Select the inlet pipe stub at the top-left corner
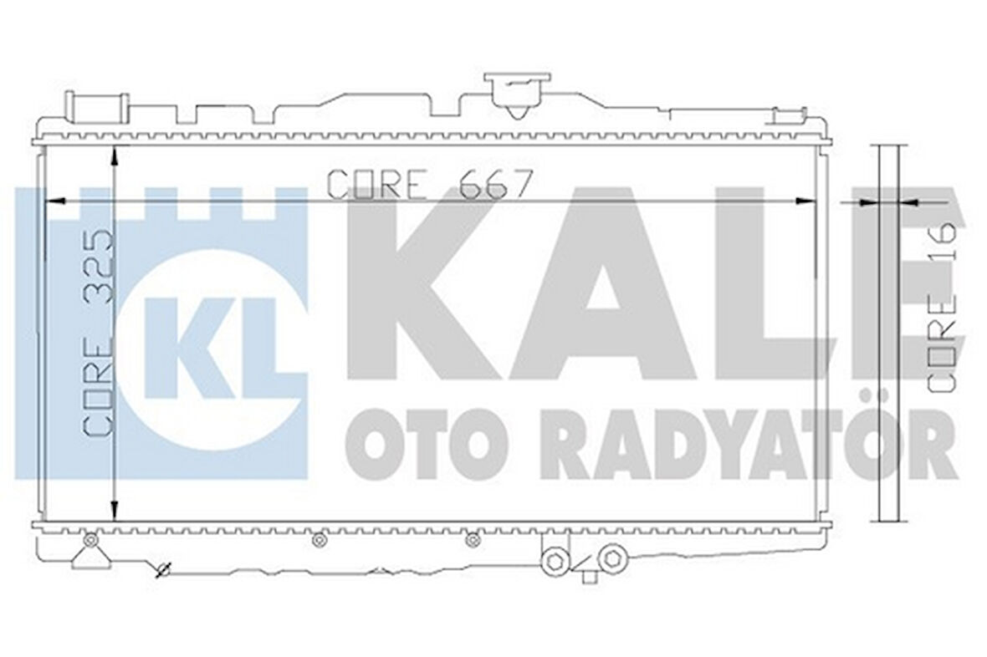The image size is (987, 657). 97,108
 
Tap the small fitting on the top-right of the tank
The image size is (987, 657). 789,117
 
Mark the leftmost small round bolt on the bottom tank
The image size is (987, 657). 91,541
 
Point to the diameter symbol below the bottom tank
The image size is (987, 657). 163,571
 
